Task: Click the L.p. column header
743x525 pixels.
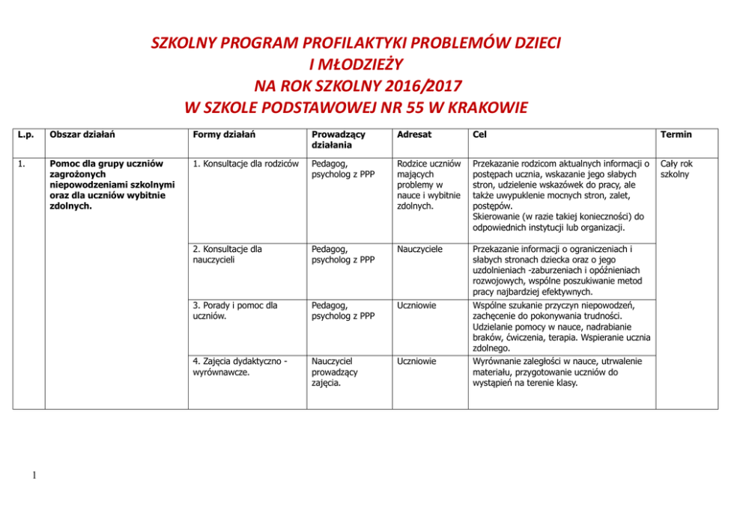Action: [x=25, y=135]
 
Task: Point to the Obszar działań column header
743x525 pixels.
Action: [x=82, y=135]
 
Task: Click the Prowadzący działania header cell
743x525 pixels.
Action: [x=334, y=140]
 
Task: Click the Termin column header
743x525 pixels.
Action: [x=676, y=135]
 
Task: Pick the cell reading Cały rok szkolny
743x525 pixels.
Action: [x=676, y=169]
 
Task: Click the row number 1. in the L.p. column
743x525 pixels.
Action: [x=23, y=164]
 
